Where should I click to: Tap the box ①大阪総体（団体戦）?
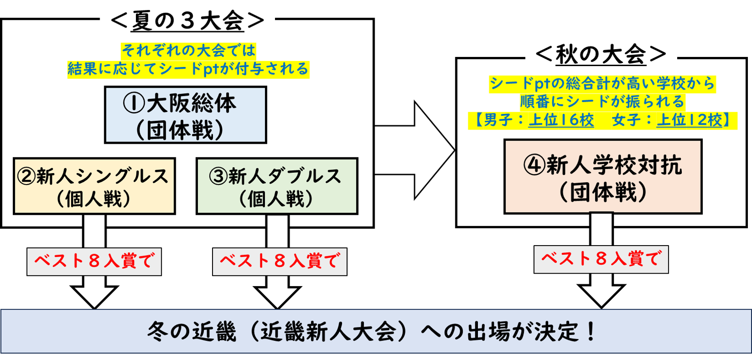point(185,115)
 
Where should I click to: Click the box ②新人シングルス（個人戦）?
point(94,186)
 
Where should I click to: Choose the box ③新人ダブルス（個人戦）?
point(277,186)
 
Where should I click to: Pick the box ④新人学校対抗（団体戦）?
point(603,177)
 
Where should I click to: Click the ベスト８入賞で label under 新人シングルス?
point(94,262)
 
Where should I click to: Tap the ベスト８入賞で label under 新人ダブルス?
point(280,262)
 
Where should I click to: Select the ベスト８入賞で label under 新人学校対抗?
point(601,259)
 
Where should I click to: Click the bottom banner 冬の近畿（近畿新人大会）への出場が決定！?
point(376,332)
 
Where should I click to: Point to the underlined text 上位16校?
point(561,120)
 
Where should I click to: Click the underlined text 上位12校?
point(690,120)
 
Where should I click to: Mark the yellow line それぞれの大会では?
point(188,50)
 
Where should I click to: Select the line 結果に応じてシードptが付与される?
point(188,69)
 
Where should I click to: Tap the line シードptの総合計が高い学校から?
point(602,84)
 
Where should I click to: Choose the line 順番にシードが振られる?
point(602,101)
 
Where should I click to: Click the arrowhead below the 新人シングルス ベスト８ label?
point(94,296)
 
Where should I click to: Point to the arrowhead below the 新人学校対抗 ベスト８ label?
point(601,294)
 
